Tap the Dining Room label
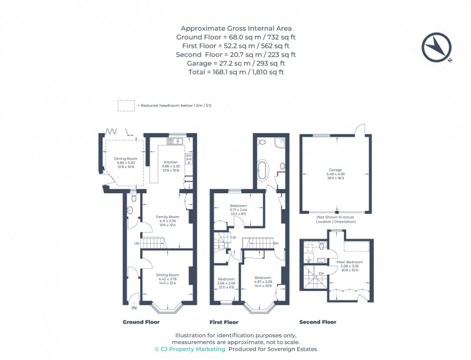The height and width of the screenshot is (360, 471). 125,162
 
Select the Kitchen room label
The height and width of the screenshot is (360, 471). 171,166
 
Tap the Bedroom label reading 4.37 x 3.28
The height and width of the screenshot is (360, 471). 263,280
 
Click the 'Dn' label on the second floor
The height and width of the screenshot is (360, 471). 321,273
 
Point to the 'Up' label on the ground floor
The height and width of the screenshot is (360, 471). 137,243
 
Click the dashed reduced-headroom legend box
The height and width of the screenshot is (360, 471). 126,105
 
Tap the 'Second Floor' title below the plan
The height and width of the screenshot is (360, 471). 318,322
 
